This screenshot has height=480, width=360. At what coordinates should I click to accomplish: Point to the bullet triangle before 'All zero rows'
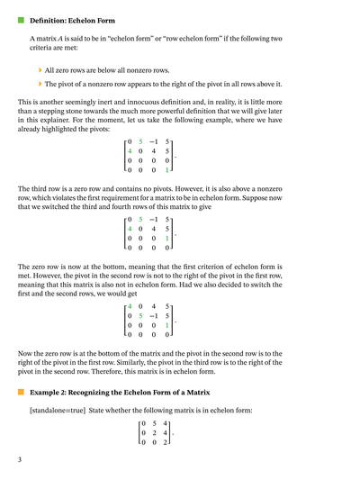click(x=40, y=68)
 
